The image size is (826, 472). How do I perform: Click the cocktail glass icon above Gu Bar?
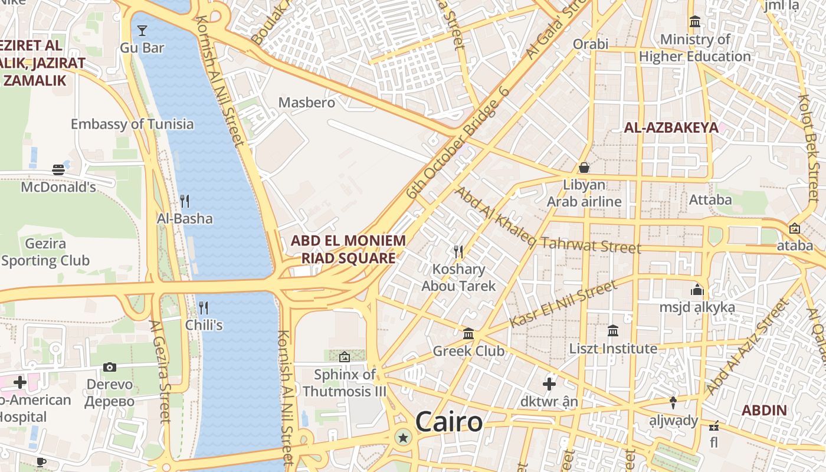(x=142, y=30)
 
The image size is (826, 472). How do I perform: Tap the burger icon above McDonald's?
(x=58, y=170)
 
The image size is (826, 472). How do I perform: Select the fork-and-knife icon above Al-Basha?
(x=185, y=201)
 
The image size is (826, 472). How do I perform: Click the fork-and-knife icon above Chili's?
(x=204, y=307)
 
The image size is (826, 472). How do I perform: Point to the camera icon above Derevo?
(x=109, y=367)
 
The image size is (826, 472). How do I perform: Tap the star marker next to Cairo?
(x=403, y=438)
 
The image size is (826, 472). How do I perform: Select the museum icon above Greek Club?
(x=468, y=334)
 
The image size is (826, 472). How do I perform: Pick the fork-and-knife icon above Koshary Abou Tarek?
(x=458, y=252)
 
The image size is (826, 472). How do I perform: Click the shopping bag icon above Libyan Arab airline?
(x=584, y=168)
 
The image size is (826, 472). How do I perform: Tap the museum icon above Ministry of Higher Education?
(x=695, y=22)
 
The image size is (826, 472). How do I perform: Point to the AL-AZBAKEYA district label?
(x=671, y=127)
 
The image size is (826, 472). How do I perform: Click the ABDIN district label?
(x=763, y=410)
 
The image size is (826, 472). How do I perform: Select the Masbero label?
(x=306, y=103)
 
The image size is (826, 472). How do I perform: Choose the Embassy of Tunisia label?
(x=132, y=124)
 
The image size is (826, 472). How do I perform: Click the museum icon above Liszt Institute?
(x=613, y=331)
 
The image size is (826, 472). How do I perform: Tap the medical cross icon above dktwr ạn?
(x=549, y=384)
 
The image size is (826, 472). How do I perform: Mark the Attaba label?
(x=710, y=199)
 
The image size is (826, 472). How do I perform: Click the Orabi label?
(x=591, y=44)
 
